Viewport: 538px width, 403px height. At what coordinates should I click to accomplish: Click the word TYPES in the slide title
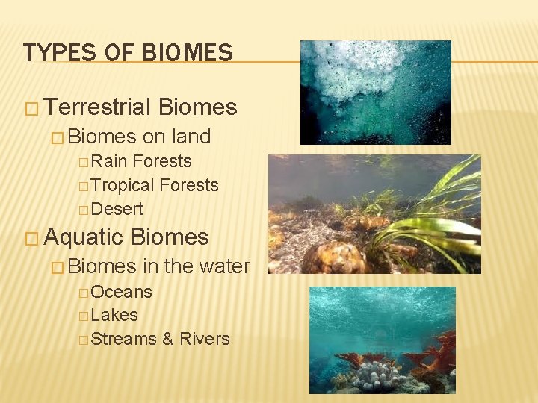click(49, 52)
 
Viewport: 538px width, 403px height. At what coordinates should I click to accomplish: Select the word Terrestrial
click(98, 107)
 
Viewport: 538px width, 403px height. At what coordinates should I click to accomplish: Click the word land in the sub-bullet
click(191, 137)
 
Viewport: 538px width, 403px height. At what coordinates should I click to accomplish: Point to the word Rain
click(110, 161)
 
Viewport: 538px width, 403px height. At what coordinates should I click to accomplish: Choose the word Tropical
click(123, 185)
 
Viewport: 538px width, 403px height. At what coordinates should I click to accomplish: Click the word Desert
click(117, 209)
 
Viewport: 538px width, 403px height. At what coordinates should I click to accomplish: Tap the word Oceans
click(121, 292)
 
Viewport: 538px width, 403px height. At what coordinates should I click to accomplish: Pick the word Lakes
click(114, 315)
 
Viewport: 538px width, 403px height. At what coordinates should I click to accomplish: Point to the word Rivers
click(205, 339)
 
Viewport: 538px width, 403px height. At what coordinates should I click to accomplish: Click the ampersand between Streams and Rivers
click(167, 339)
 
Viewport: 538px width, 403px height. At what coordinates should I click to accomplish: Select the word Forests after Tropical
click(189, 185)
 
